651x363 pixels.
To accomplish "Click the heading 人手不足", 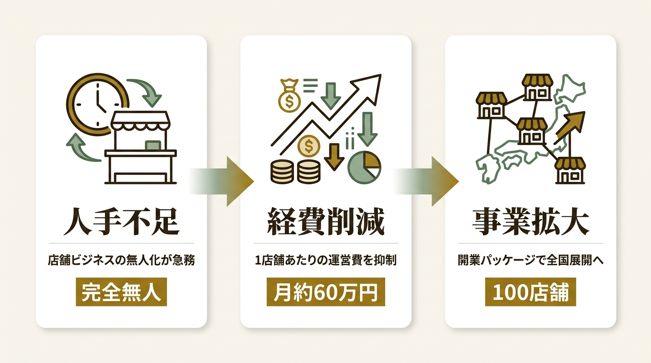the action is point(122,222).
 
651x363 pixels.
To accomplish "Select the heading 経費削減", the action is point(326,222).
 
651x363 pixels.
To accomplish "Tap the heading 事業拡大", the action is point(530,222).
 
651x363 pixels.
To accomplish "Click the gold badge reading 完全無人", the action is point(122,292).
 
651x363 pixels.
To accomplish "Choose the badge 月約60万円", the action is point(326,292).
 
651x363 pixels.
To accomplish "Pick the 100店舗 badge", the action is point(530,292).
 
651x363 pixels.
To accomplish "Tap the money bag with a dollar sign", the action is point(289,96).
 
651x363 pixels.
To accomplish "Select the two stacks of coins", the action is point(295,171).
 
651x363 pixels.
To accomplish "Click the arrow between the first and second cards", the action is point(222,181).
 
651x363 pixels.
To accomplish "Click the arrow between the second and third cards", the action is point(427,181).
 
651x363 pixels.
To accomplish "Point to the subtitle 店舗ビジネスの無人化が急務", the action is point(122,260).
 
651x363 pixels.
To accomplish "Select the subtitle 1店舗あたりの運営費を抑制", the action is point(326,260).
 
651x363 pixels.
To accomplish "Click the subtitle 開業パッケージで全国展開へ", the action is point(530,260).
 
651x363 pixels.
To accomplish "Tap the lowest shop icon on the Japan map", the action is point(570,171).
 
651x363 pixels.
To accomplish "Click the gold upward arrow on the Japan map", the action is point(570,128).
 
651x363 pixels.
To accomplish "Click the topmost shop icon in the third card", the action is point(537,87).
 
